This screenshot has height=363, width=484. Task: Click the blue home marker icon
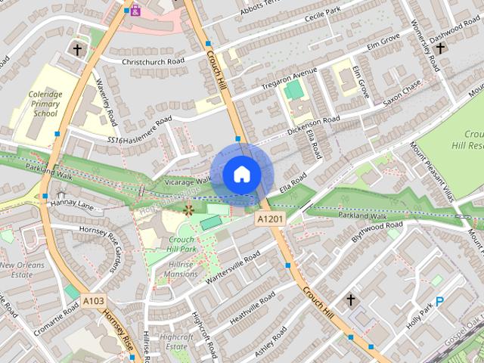pyautogui.click(x=241, y=175)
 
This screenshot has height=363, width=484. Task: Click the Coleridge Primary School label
pyautogui.click(x=45, y=101)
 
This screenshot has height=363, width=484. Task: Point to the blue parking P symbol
pyautogui.click(x=439, y=301)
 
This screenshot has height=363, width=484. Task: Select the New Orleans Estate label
pyautogui.click(x=22, y=271)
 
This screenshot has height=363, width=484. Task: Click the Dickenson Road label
pyautogui.click(x=314, y=125)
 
